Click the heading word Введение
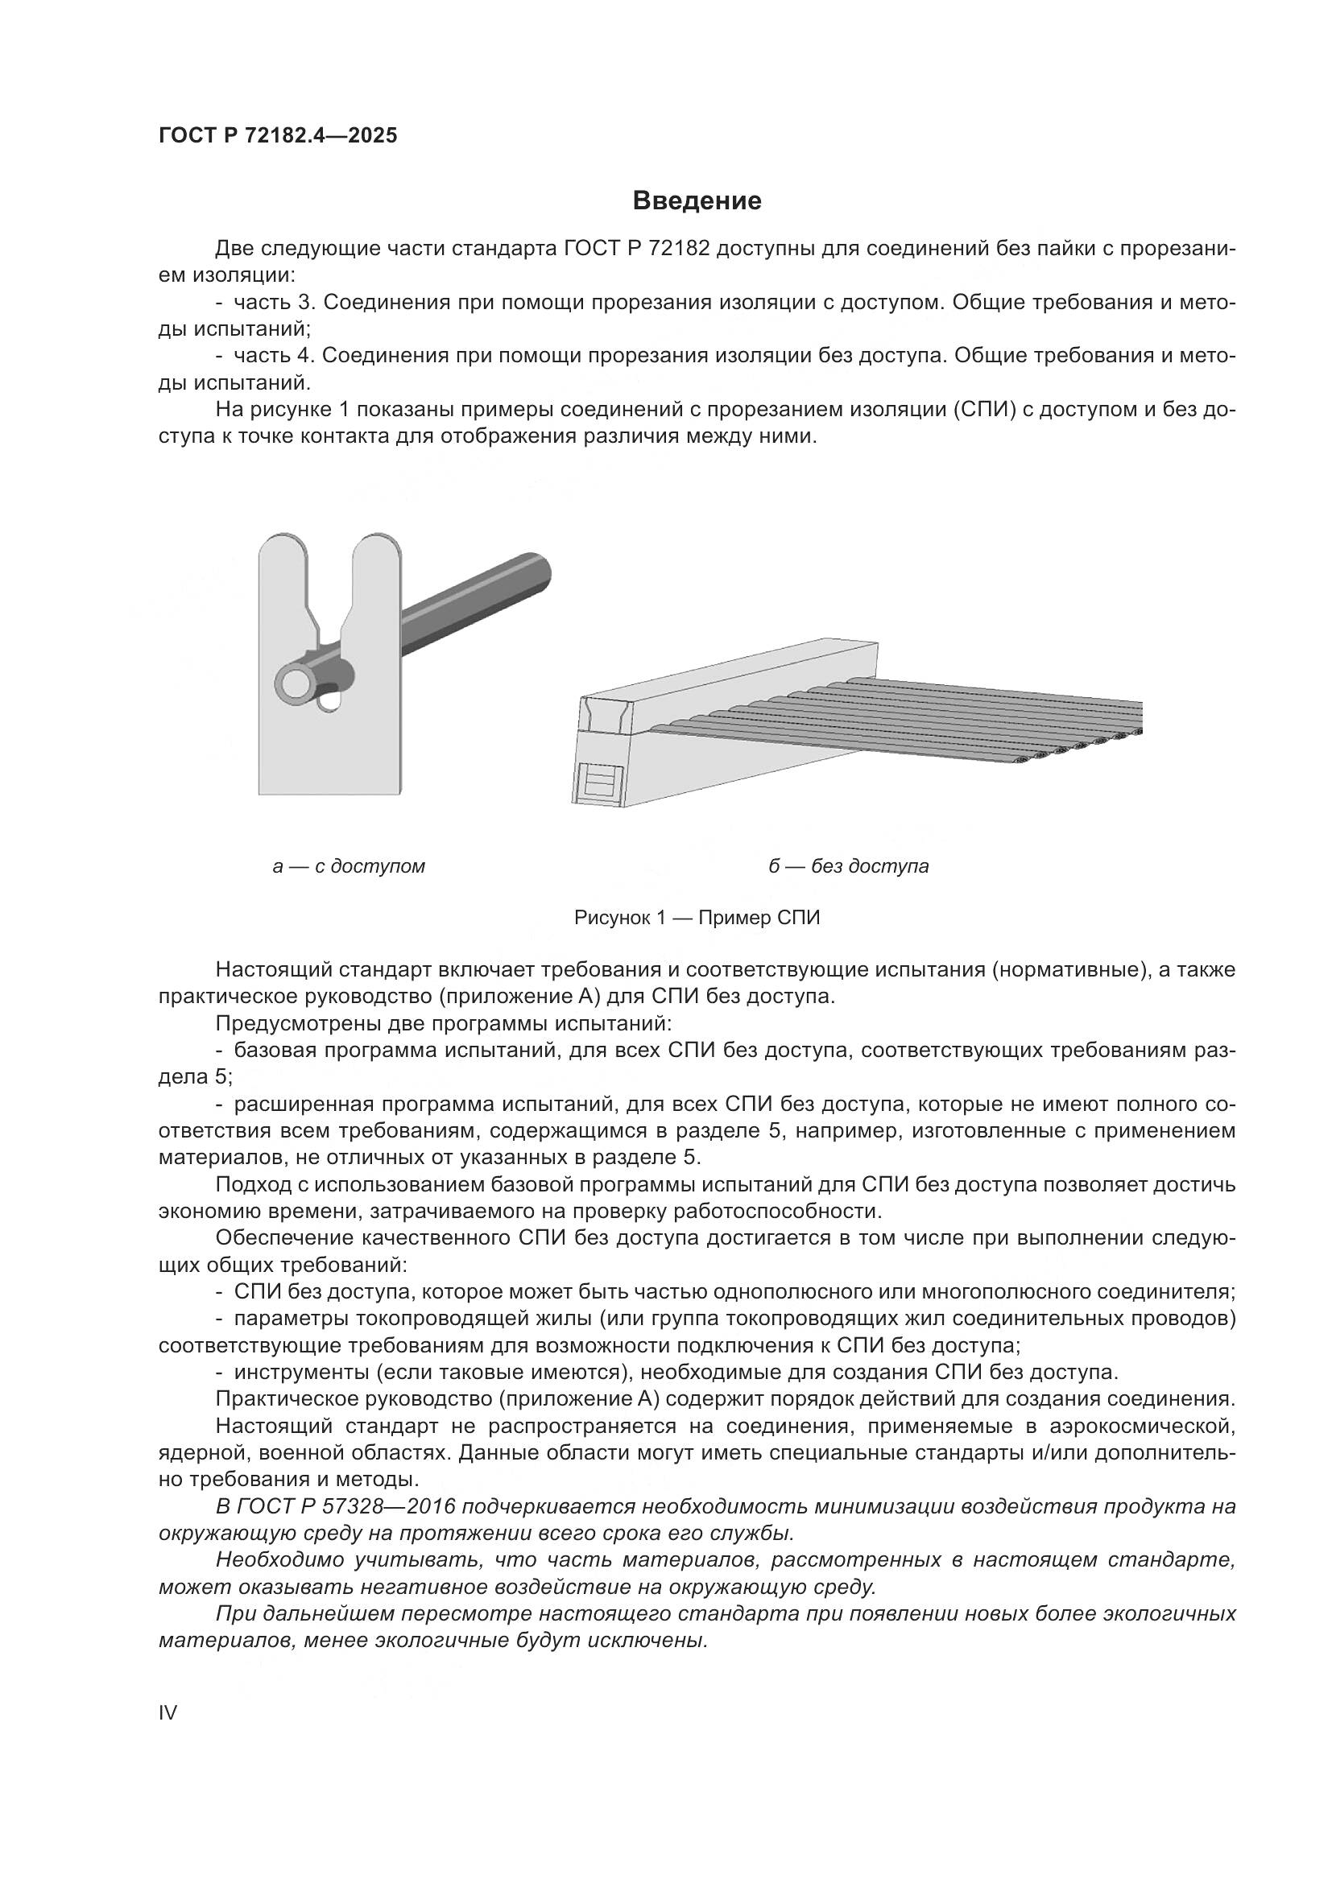[697, 201]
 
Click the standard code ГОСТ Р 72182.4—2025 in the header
[278, 136]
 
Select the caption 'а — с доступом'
[349, 866]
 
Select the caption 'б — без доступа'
[848, 866]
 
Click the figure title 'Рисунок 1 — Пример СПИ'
[697, 918]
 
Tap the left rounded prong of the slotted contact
[283, 566]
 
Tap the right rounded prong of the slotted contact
[377, 566]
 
